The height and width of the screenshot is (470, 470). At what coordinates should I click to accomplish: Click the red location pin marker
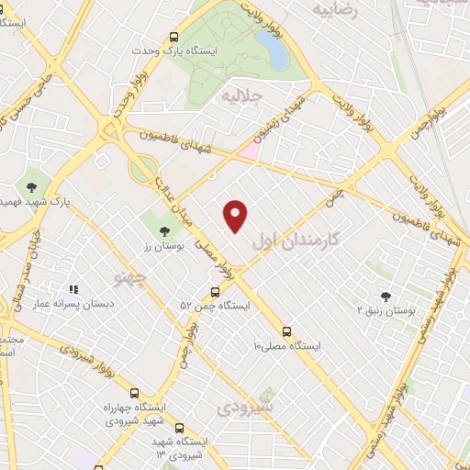(236, 215)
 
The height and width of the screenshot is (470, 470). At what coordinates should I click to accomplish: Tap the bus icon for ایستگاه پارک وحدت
(173, 35)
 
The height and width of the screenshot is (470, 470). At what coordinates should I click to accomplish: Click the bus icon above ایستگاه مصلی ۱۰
(287, 330)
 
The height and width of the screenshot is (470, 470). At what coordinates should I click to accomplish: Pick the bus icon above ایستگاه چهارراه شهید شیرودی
(135, 392)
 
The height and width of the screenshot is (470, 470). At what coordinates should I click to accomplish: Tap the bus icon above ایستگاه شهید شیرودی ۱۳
(178, 428)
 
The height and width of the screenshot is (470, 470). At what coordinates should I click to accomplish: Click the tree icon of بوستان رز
(164, 231)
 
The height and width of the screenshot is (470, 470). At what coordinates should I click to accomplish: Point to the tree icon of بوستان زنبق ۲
(386, 296)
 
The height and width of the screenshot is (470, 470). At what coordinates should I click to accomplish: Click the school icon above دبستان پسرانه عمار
(73, 288)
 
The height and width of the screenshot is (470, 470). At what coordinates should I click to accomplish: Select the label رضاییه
(334, 10)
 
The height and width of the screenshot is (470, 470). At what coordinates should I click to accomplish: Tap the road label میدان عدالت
(173, 192)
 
